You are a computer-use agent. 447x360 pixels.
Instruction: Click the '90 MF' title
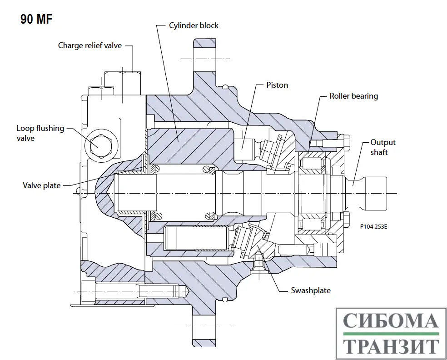(x=37, y=20)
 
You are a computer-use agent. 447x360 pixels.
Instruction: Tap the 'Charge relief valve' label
(x=90, y=45)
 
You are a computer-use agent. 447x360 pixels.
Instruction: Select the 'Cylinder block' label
(x=194, y=25)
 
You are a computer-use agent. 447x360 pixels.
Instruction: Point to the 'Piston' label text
(x=277, y=85)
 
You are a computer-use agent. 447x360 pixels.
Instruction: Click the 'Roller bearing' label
(x=353, y=96)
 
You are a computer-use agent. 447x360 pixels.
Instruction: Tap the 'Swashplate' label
(x=311, y=290)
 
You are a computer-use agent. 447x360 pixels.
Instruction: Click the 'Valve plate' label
(x=41, y=185)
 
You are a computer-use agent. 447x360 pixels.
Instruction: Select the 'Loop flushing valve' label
(x=40, y=133)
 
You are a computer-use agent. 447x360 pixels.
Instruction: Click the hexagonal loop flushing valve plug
(x=98, y=144)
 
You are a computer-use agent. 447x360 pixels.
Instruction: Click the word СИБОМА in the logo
(x=390, y=321)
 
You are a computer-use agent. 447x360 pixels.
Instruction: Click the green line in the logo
(x=390, y=334)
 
